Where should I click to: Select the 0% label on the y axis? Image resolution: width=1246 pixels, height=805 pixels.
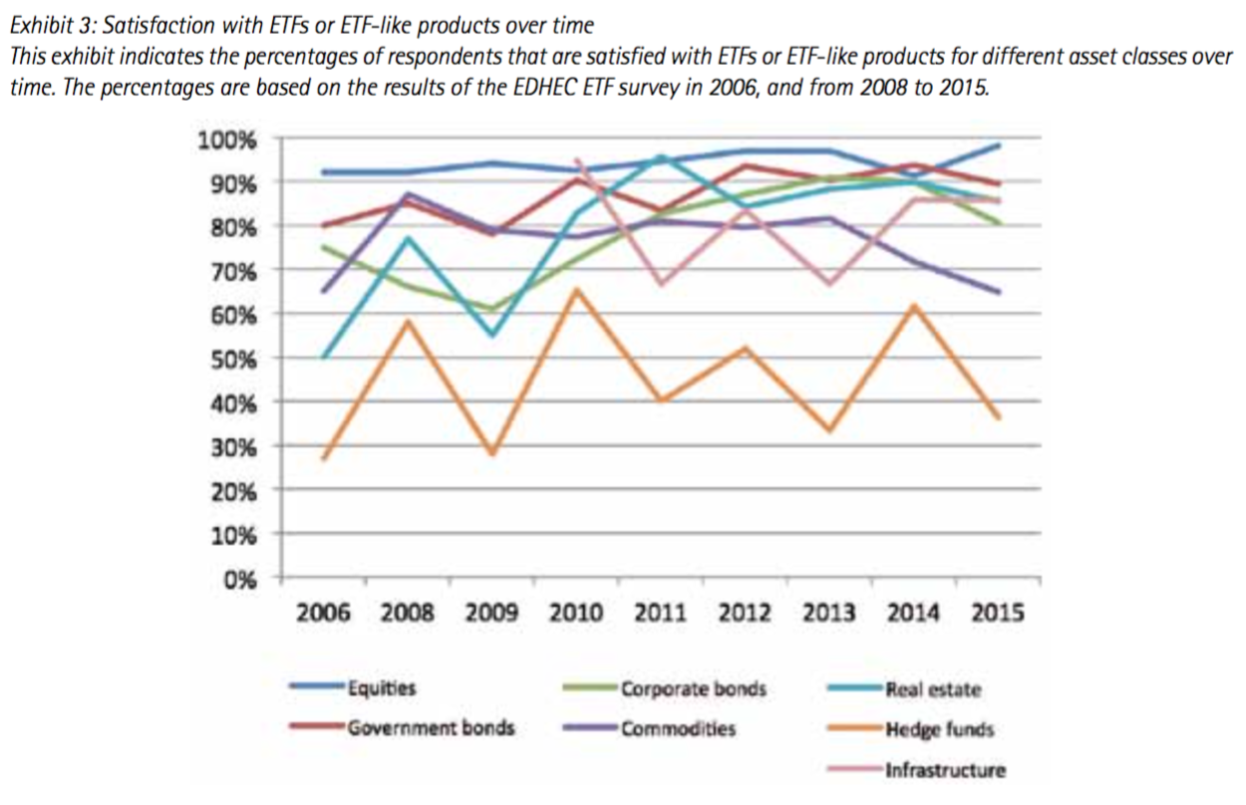(240, 579)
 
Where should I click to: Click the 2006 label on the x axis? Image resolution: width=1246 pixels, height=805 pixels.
(323, 612)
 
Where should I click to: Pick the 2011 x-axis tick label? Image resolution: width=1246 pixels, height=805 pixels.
(660, 612)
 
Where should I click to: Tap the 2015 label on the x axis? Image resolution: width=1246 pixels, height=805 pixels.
(998, 612)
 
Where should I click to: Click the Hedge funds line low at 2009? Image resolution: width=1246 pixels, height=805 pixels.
(492, 453)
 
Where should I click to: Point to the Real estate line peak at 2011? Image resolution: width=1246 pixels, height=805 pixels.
(661, 156)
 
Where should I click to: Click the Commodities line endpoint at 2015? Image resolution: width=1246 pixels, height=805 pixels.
(999, 292)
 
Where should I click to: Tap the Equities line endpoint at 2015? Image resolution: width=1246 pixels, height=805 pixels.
(999, 145)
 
